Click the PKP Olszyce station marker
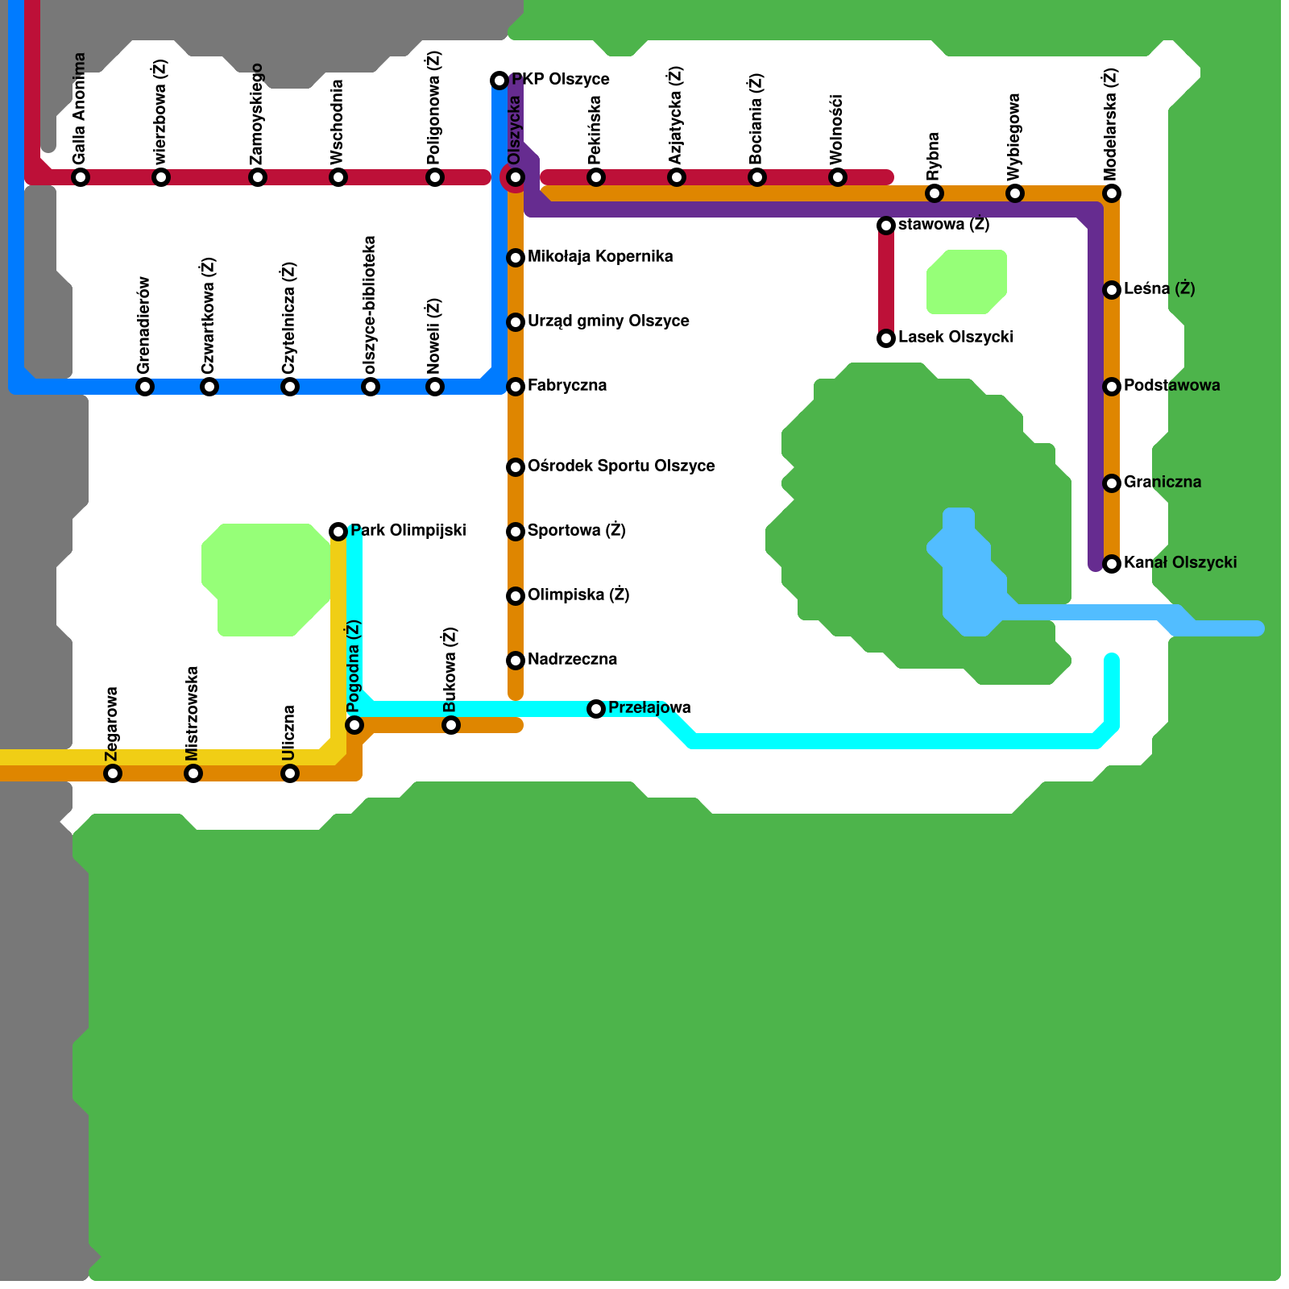pos(499,81)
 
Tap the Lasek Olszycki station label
pos(955,338)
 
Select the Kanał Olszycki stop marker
pos(1112,564)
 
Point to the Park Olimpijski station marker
pos(338,532)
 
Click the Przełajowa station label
pos(649,708)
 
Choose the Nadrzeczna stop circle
pos(516,661)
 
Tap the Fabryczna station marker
pos(516,387)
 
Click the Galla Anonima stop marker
pos(81,177)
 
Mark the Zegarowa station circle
pos(113,773)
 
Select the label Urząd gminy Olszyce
pos(608,321)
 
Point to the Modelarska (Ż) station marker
pos(1112,193)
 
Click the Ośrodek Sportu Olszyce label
pos(621,466)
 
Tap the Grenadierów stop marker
pos(145,387)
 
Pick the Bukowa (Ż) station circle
pos(451,725)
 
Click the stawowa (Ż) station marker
pos(886,226)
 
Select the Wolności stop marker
pos(838,177)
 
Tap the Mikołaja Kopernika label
pos(600,257)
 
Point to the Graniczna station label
pos(1163,483)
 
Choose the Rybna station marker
pos(935,193)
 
